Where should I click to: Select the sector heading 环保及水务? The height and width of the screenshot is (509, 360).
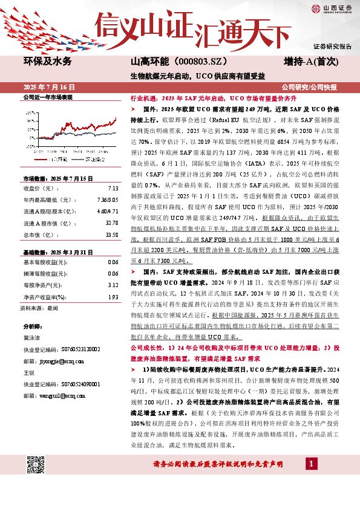point(47,62)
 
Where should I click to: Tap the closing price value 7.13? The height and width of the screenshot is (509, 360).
point(113,189)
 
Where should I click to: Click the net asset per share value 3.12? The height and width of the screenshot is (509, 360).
point(113,284)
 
